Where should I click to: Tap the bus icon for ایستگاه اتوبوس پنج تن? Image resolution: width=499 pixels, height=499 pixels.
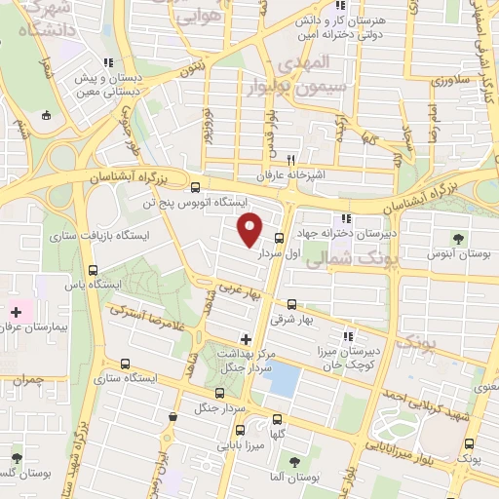[x=195, y=188]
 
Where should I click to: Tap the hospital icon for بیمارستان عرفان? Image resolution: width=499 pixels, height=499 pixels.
[x=16, y=314]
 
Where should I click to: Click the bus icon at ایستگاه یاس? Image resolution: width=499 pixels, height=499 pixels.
[x=93, y=270]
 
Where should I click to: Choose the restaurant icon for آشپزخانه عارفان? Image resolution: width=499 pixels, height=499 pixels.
[x=290, y=160]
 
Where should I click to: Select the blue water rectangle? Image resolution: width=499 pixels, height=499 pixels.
[x=284, y=377]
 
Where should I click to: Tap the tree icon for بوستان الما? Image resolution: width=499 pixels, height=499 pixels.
[x=295, y=463]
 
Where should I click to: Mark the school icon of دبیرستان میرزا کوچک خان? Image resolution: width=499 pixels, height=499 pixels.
[x=348, y=335]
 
